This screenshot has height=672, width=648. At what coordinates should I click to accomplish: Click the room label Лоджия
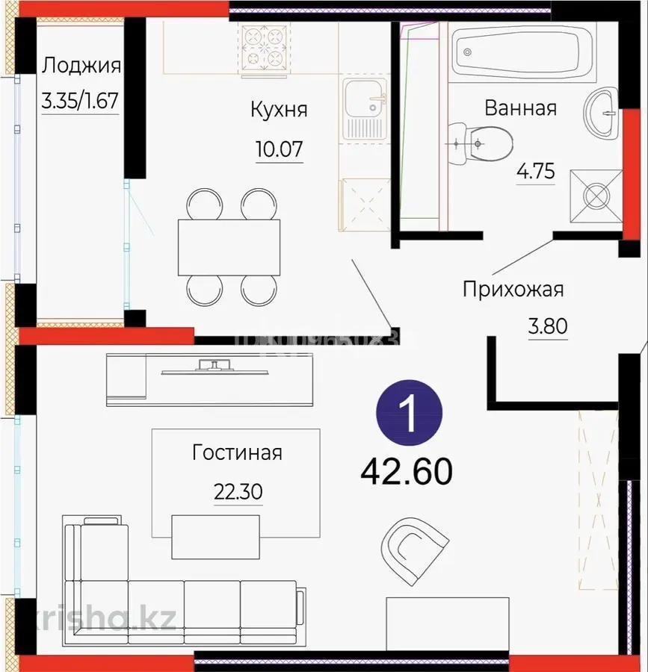(81, 66)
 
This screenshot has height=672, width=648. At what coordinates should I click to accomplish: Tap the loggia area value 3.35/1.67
(81, 101)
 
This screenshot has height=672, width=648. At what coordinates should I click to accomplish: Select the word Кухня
(279, 110)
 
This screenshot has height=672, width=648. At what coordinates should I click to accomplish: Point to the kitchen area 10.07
(279, 149)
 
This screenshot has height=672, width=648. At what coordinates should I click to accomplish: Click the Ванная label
(520, 108)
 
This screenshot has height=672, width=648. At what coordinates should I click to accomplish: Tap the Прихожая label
(513, 289)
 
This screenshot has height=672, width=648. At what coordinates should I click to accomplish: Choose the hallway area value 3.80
(548, 326)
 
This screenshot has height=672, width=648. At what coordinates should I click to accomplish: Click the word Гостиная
(237, 452)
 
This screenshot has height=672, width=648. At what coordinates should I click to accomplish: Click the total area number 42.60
(407, 470)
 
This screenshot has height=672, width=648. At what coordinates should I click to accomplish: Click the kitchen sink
(364, 108)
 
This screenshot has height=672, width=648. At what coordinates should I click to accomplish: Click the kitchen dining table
(229, 247)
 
